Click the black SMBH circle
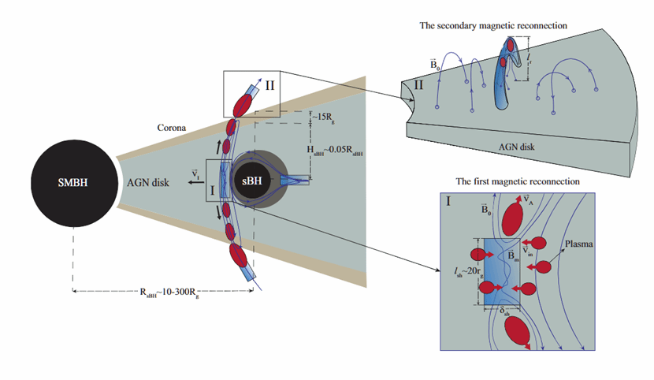(x=72, y=181)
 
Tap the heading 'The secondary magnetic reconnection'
(x=493, y=25)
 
